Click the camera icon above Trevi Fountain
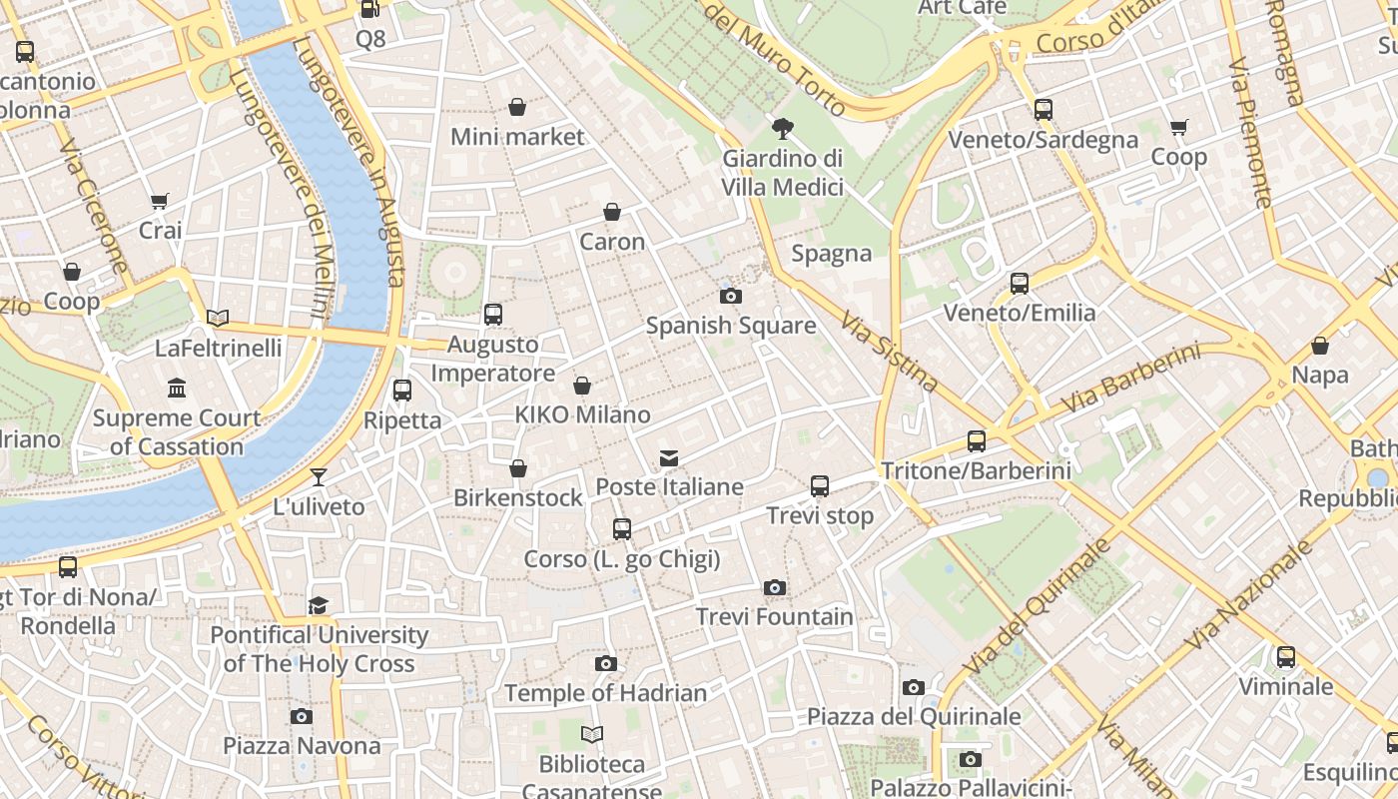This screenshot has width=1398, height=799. pos(774,587)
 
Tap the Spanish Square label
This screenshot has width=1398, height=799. pos(730,326)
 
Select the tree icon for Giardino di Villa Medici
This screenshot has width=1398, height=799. pos(783,128)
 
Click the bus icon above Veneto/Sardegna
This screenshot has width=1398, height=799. pos(1043,110)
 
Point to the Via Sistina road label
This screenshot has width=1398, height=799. pos(888,351)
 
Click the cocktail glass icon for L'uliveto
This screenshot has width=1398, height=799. pos(319,476)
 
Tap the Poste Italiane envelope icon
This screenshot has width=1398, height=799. pos(669,458)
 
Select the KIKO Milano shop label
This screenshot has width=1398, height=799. pos(582,414)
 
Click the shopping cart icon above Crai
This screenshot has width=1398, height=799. pos(160,201)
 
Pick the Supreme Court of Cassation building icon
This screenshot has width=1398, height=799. pos(177,388)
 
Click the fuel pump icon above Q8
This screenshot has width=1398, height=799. pos(369,9)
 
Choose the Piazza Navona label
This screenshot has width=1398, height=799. pos(301,746)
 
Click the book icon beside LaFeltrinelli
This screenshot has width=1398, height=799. pos(218,319)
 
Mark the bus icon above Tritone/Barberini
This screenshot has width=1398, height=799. pos(976,440)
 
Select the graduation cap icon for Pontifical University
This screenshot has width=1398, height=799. pos(318,605)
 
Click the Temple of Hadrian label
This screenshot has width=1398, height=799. pos(605,693)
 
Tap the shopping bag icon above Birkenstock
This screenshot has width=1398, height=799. pos(518,468)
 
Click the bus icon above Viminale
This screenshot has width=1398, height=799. pos(1285,657)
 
